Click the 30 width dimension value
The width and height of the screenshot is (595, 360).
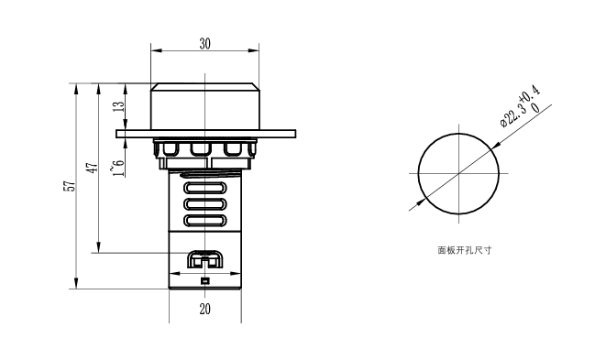(205, 44)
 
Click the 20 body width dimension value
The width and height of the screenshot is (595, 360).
(205, 310)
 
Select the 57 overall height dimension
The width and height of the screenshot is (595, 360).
(72, 186)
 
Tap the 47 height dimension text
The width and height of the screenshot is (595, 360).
(94, 167)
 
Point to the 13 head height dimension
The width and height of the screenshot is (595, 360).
(119, 106)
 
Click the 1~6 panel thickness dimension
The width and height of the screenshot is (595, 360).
(118, 168)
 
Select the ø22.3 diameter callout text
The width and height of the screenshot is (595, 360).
(513, 114)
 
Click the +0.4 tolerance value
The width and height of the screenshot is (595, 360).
(531, 93)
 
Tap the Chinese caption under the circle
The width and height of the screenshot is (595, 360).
(465, 250)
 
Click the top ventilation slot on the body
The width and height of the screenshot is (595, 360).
(205, 188)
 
